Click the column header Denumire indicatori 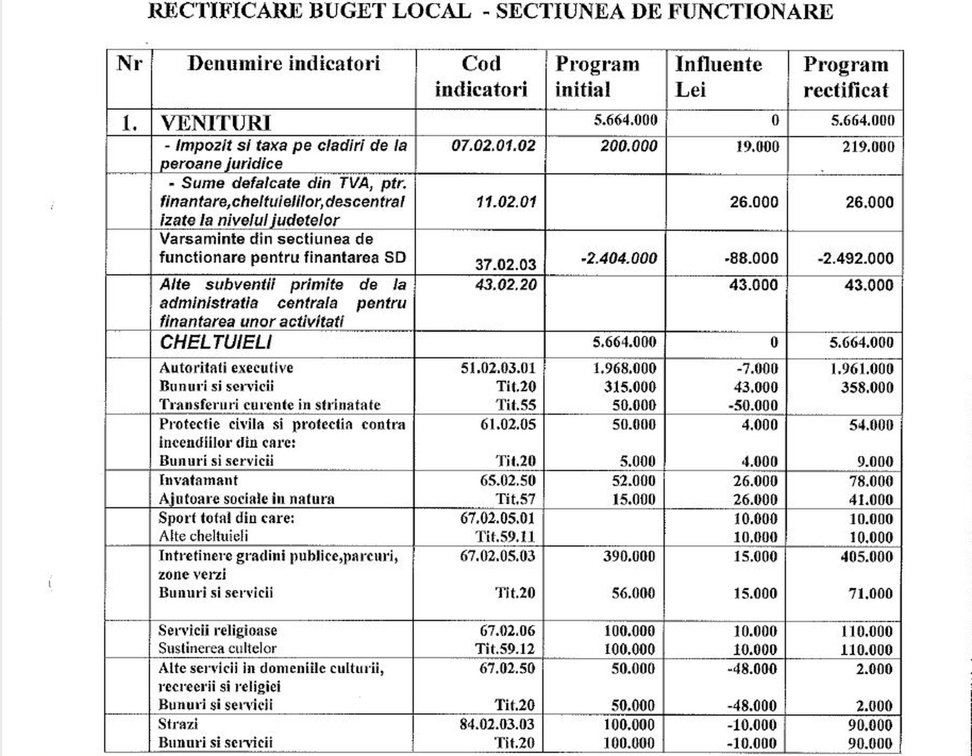click(283, 64)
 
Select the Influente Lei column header click(718, 77)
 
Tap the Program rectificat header click(846, 77)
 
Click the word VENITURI click(215, 123)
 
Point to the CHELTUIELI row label click(215, 343)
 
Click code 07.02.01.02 click(493, 146)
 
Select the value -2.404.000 click(619, 258)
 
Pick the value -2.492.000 click(855, 258)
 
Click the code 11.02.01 click(506, 202)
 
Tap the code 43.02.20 click(506, 285)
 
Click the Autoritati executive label click(226, 368)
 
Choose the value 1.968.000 click(625, 368)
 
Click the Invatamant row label click(198, 480)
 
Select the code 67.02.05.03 click(497, 555)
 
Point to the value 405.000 click(867, 556)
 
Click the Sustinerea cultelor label click(217, 649)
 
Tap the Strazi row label click(178, 724)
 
